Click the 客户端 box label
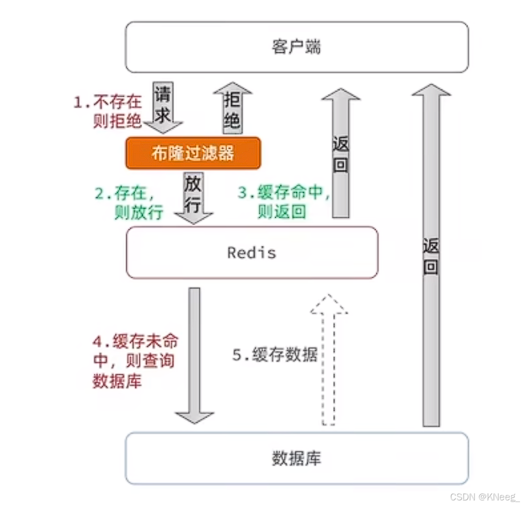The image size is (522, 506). [296, 48]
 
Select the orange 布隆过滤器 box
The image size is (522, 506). [193, 152]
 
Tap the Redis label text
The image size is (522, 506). [252, 253]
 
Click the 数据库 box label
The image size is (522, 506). [296, 459]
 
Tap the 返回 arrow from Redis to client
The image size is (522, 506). [341, 152]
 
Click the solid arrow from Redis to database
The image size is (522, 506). [195, 355]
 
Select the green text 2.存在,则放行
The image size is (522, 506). [129, 203]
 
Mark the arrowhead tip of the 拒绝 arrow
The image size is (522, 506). [232, 85]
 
